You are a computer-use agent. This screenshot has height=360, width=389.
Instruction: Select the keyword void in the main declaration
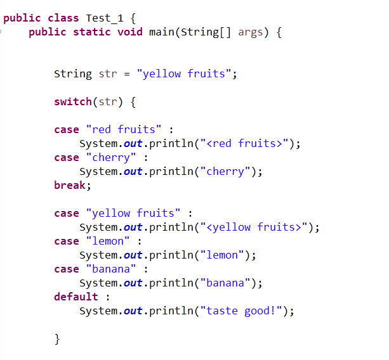click(130, 32)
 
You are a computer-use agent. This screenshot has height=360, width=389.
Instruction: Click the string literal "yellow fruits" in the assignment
click(184, 74)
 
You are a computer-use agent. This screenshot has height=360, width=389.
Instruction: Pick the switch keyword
click(73, 101)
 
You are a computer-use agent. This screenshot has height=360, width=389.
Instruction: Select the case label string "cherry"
click(111, 157)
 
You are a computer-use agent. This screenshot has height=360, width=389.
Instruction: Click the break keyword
click(71, 185)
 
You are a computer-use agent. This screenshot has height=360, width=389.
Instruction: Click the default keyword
click(76, 297)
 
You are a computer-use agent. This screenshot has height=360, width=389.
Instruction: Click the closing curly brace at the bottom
click(58, 338)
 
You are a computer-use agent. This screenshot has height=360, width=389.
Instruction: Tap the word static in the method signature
click(92, 32)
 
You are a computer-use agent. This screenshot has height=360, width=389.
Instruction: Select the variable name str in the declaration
click(108, 74)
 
